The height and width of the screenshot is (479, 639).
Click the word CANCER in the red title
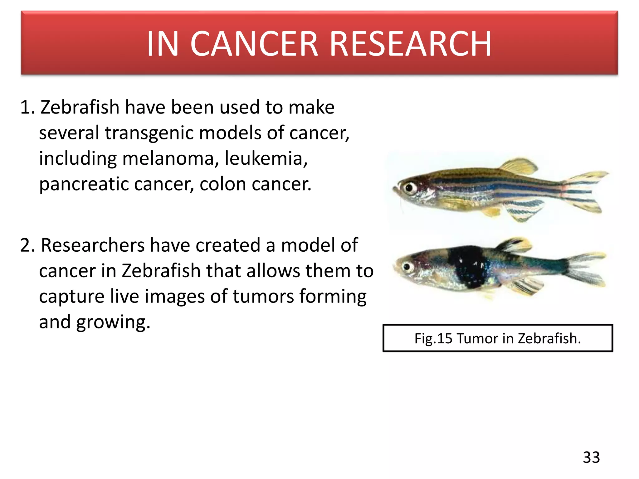coord(253,44)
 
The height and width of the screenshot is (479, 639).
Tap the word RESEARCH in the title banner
coord(410,44)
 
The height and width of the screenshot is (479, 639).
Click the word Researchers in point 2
coord(93,245)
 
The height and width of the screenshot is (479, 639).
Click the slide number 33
coord(591,457)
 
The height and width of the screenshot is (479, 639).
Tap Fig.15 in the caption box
coord(433,339)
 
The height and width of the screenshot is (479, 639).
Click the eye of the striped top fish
coord(408,188)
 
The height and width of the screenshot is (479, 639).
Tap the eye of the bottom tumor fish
coord(407,267)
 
